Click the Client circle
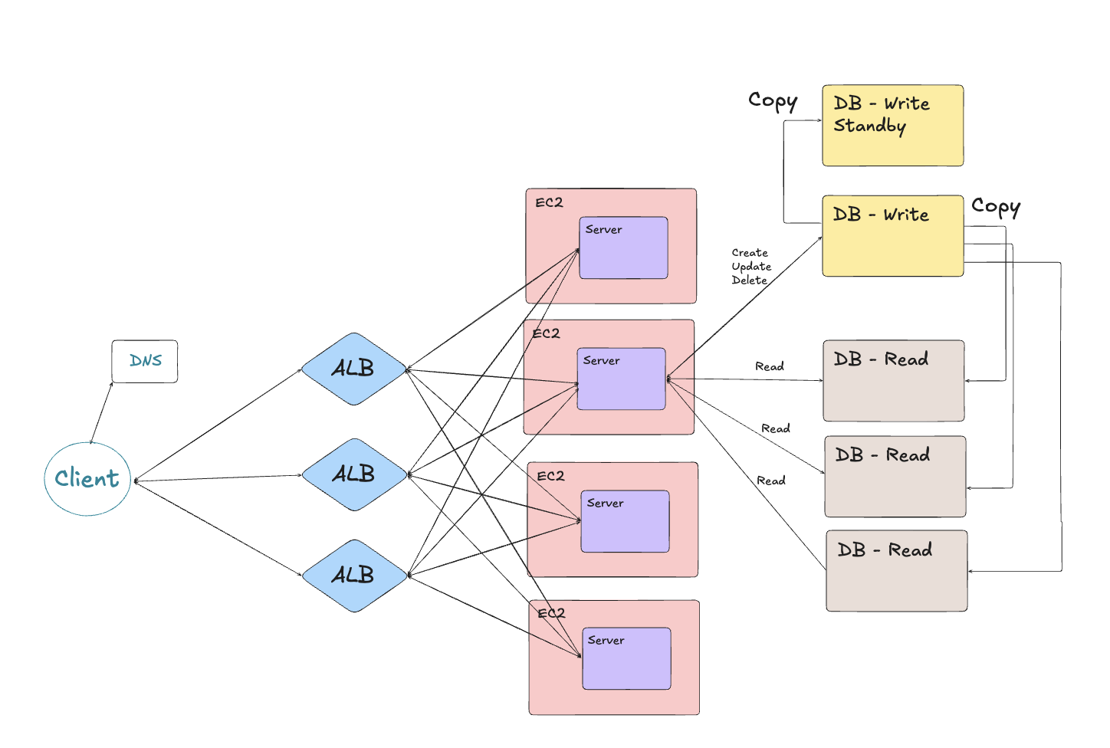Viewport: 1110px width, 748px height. point(87,479)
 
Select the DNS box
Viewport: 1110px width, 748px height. point(145,361)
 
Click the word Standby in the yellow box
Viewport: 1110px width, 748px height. point(869,126)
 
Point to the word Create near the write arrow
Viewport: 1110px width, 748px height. point(749,253)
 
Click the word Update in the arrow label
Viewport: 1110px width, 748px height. point(750,267)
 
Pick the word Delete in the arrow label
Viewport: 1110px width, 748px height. point(749,280)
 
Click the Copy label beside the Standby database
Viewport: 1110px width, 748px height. point(772,101)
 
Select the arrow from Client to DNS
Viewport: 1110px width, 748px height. point(102,413)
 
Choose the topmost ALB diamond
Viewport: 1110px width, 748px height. point(353,369)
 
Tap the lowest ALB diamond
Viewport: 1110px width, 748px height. point(353,576)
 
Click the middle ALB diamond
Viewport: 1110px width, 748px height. point(353,474)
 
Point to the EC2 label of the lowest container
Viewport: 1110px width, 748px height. point(551,614)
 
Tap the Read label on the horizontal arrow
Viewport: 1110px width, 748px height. point(769,367)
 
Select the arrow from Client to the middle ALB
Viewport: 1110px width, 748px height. point(218,478)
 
